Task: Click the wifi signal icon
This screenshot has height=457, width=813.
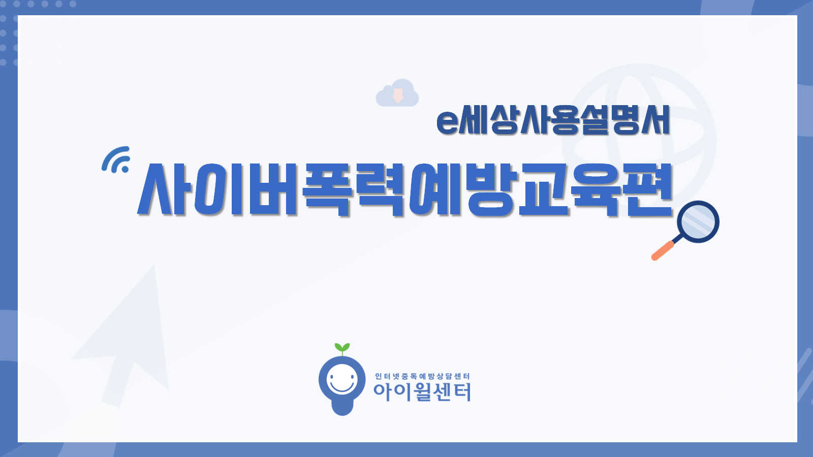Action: (x=115, y=159)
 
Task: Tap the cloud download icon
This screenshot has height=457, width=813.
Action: (x=397, y=93)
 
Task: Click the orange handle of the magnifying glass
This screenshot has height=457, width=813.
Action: (x=663, y=251)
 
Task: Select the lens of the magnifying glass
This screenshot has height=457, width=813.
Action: (x=698, y=221)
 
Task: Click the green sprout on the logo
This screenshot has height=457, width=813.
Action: (x=342, y=349)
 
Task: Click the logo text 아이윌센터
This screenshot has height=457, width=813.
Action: (x=422, y=393)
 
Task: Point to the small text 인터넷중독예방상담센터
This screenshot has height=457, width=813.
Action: (x=422, y=376)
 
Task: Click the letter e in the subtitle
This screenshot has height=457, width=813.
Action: (x=447, y=122)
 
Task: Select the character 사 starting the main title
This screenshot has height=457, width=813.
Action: (x=165, y=189)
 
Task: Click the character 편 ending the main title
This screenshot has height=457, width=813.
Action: (x=647, y=190)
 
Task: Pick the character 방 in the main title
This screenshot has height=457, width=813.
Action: (x=492, y=190)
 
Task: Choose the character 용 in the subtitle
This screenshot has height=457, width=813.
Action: (x=560, y=120)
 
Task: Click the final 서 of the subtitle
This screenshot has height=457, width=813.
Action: (x=655, y=120)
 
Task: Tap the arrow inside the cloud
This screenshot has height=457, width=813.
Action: (x=398, y=95)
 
